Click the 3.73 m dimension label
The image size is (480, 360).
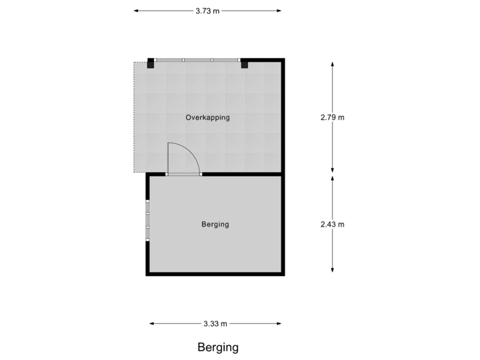click(x=207, y=11)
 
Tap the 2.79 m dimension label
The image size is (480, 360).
click(x=333, y=117)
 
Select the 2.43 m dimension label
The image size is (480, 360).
click(x=333, y=224)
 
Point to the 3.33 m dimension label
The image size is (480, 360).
click(x=215, y=324)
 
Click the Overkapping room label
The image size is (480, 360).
click(x=207, y=117)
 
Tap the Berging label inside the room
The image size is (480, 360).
click(x=215, y=224)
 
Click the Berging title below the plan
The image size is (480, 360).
click(x=217, y=347)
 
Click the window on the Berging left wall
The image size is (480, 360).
click(x=147, y=219)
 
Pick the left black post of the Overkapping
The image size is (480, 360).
click(x=151, y=63)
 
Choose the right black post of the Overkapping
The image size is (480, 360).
click(x=244, y=63)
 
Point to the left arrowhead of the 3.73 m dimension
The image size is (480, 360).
click(x=135, y=11)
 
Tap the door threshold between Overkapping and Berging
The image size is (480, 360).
click(x=183, y=174)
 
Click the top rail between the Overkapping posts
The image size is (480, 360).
click(x=197, y=60)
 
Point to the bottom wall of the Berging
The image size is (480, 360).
click(x=215, y=274)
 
